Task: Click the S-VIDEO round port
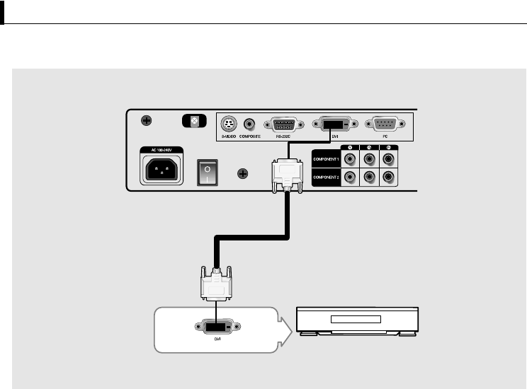[x=229, y=123]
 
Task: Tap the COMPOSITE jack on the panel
[x=249, y=123]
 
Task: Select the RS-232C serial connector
[x=284, y=124]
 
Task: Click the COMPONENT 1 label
[x=325, y=159]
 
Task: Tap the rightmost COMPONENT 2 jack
[x=388, y=177]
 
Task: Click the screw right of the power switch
[x=243, y=173]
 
